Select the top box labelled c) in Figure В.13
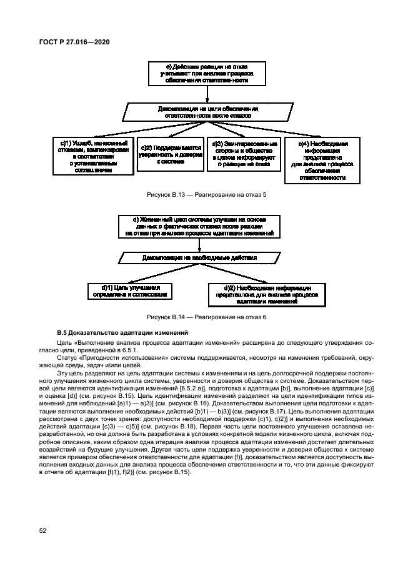point(207,74)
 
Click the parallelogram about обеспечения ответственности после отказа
point(207,112)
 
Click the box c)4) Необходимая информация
point(322,161)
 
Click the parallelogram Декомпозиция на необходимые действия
point(199,257)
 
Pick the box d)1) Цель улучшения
point(129,290)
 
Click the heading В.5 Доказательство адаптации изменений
point(118,332)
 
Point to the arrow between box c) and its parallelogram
point(207,94)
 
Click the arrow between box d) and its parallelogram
point(199,244)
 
